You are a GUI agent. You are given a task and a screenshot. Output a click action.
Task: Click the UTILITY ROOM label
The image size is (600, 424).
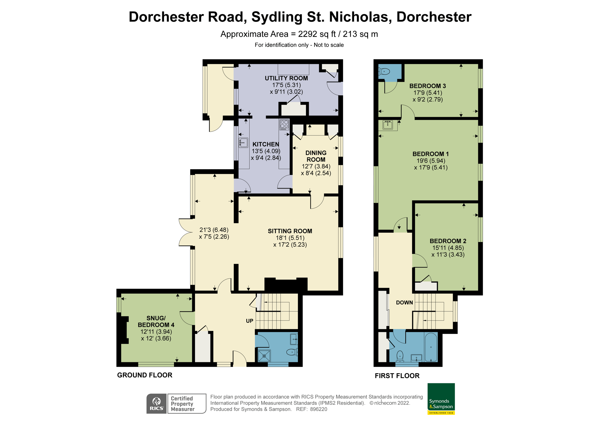[x=286, y=78]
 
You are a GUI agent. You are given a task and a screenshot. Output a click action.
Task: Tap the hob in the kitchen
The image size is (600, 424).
[x=284, y=125]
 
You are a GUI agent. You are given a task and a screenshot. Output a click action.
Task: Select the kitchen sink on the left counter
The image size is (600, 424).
[x=243, y=143]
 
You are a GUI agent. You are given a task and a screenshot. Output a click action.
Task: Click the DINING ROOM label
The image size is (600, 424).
[x=316, y=156]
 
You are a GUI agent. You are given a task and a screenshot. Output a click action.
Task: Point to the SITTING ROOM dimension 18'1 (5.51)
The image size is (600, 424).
[x=290, y=238]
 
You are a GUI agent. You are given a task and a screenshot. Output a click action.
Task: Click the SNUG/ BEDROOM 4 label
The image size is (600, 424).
[x=156, y=321]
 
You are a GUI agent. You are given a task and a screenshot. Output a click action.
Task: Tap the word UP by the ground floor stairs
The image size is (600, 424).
[x=249, y=321]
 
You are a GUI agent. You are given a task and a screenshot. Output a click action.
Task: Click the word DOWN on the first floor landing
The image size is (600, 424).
[x=404, y=303]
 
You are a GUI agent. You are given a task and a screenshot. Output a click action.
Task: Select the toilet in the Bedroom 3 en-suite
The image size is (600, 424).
[x=384, y=71]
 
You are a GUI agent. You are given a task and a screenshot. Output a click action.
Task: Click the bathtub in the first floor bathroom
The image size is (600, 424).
[x=431, y=347]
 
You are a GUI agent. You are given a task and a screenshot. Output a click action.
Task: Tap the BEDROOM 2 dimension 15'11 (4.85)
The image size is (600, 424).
[x=448, y=248]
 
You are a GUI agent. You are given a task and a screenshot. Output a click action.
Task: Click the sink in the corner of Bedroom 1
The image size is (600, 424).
[x=387, y=125]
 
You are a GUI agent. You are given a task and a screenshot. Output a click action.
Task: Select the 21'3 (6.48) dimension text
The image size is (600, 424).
[x=214, y=230]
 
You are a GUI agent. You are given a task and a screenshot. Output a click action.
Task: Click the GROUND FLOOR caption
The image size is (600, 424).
[x=144, y=375]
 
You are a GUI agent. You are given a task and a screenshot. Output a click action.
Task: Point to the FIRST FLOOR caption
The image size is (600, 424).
[x=397, y=376]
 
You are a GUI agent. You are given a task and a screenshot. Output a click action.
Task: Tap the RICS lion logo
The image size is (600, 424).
[x=156, y=404]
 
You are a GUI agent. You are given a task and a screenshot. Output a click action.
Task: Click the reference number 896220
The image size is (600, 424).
[x=318, y=409]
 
